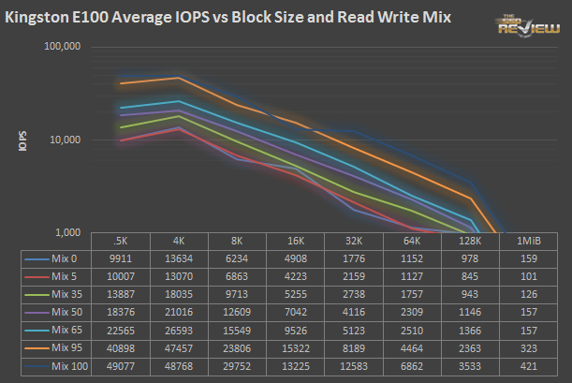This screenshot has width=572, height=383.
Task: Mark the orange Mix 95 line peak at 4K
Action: (179, 78)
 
